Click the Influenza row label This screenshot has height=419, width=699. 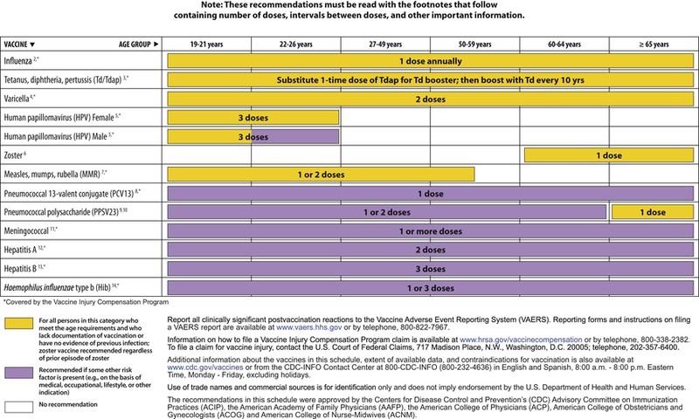click(24, 61)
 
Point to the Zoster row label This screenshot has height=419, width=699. click(18, 155)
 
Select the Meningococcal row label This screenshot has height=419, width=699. click(31, 230)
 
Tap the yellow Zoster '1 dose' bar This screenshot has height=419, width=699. click(607, 155)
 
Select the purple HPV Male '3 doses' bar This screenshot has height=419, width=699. click(253, 136)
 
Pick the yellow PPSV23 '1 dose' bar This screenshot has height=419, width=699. click(653, 211)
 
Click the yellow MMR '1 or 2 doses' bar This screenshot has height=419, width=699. click(321, 174)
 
